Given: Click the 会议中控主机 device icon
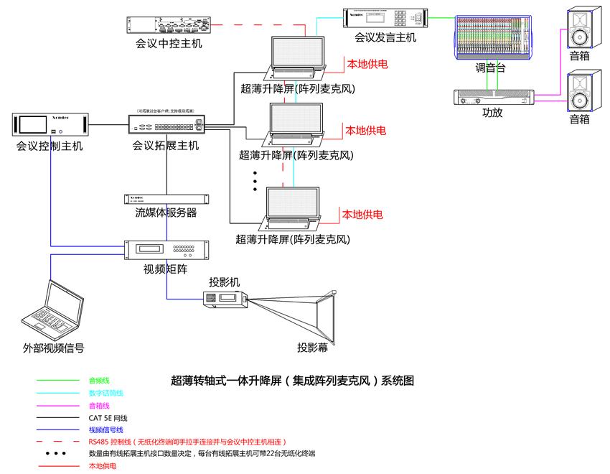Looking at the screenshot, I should tap(169, 25).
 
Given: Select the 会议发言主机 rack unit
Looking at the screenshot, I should tap(385, 19).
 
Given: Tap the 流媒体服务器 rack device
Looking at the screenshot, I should tap(166, 199).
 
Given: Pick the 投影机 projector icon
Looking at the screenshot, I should tap(225, 299).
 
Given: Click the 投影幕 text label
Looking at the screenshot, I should tap(313, 348).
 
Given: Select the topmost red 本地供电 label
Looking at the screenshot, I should tap(367, 64).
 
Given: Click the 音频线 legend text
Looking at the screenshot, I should tap(99, 380).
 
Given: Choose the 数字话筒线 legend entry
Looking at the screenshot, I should tap(105, 393).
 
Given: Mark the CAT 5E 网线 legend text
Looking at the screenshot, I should tap(108, 418).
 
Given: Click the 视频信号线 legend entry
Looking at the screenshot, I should tap(105, 429).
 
